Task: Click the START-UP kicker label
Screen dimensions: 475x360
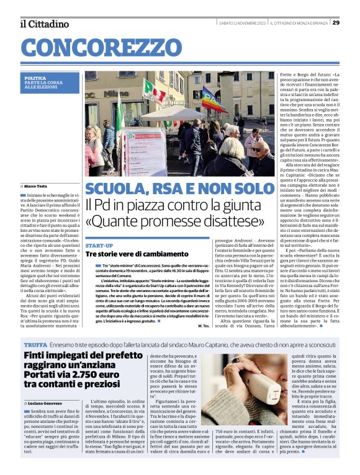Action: pyautogui.click(x=99, y=246)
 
